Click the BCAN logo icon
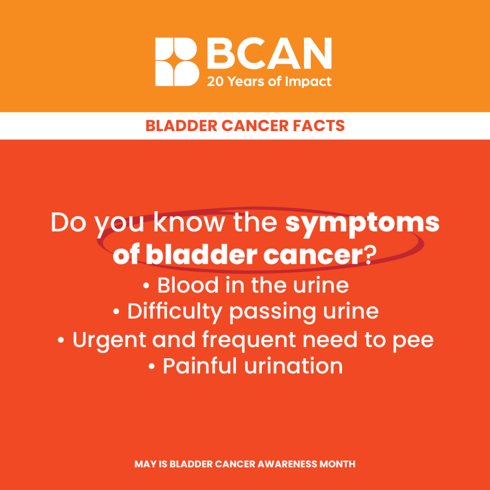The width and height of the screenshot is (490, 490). click(177, 62)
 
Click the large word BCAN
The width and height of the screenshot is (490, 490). click(269, 54)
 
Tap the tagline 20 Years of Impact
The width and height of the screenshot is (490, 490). click(269, 82)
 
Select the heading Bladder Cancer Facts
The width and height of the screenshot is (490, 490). click(245, 126)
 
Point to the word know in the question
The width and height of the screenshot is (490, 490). click(189, 222)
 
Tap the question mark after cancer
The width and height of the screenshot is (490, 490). click(370, 255)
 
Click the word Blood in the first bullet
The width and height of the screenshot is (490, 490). click(188, 285)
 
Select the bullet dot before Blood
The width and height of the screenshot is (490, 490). click(146, 286)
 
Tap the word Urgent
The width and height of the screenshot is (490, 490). click(110, 340)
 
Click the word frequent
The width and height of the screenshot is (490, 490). click(249, 340)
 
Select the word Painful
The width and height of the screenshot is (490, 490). click(200, 366)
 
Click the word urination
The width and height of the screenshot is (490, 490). click(293, 366)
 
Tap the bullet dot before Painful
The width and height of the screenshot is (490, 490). click(152, 367)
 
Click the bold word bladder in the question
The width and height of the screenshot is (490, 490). click(201, 255)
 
